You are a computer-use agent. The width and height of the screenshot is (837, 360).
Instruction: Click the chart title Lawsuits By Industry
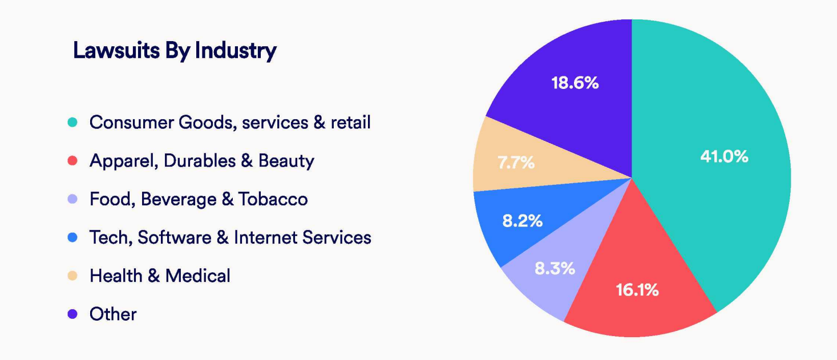175,51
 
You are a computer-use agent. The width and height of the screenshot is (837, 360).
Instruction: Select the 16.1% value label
637,290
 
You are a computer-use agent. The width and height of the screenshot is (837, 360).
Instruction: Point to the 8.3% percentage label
554,268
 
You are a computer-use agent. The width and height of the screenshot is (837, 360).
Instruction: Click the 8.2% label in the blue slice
522,221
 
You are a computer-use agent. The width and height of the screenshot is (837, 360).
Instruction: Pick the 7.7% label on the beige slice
516,163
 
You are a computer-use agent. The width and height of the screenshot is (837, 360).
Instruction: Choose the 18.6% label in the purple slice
575,83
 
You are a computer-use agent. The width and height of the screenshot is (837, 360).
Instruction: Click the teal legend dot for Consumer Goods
72,122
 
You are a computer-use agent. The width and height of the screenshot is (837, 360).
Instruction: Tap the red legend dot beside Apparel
72,161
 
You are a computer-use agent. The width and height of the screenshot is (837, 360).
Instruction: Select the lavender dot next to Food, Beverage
72,199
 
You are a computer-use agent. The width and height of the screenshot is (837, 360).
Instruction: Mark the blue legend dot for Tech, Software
72,237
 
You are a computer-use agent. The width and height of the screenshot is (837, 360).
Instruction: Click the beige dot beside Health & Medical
72,276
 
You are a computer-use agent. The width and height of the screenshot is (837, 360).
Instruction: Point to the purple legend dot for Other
72,314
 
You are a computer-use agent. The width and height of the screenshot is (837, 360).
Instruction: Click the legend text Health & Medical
160,276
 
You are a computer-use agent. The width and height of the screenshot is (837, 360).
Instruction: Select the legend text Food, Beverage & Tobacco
199,199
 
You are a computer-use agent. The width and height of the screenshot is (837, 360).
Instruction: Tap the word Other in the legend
113,314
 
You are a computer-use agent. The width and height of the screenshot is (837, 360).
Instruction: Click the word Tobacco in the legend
273,199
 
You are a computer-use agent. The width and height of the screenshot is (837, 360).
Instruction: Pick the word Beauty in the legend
286,161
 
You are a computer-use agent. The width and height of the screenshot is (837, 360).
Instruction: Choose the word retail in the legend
351,122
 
